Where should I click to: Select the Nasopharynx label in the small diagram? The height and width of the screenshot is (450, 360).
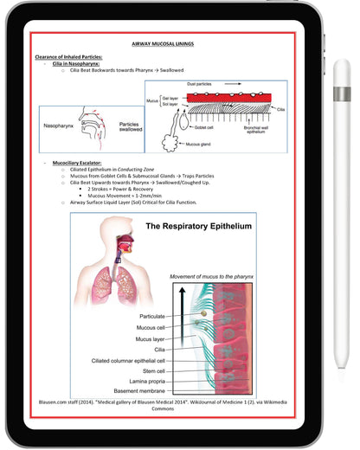61,125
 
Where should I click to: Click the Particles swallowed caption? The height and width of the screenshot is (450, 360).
129,127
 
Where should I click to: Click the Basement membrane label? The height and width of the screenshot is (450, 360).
146,389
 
